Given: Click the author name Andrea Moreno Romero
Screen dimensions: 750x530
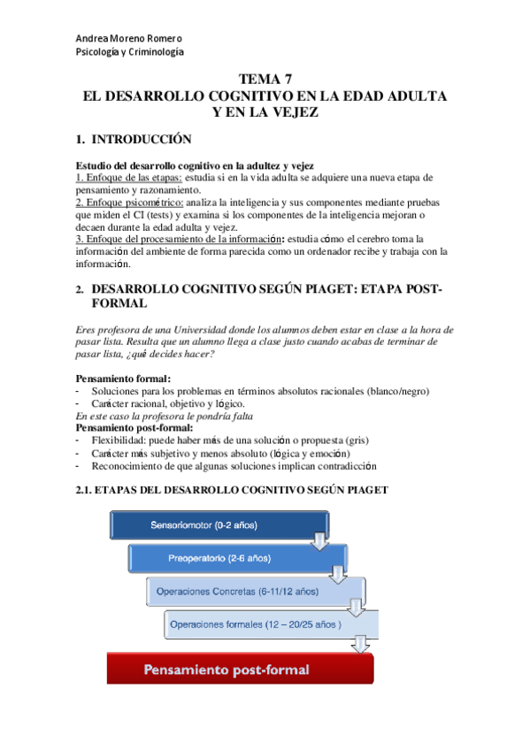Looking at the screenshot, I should pyautogui.click(x=129, y=39).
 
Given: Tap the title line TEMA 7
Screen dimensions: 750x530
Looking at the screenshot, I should pyautogui.click(x=265, y=80).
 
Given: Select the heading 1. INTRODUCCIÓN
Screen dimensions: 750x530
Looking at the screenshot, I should pyautogui.click(x=134, y=139).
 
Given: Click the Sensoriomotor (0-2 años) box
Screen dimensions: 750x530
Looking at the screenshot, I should pyautogui.click(x=203, y=524).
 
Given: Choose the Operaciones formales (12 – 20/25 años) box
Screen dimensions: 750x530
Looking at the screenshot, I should pyautogui.click(x=256, y=624).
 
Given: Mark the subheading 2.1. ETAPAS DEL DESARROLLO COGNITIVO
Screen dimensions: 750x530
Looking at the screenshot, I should pyautogui.click(x=232, y=489).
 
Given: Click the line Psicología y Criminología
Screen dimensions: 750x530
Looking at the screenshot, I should pyautogui.click(x=130, y=52).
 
